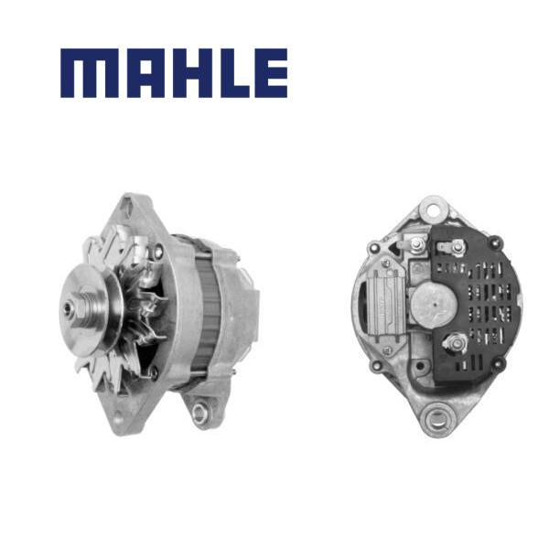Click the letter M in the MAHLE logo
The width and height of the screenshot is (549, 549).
90,73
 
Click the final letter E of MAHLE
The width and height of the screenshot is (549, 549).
271,73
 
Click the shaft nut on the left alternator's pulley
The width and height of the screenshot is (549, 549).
79,307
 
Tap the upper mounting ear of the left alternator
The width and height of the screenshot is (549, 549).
130,207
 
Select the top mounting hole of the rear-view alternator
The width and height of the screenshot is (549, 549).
434,210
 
